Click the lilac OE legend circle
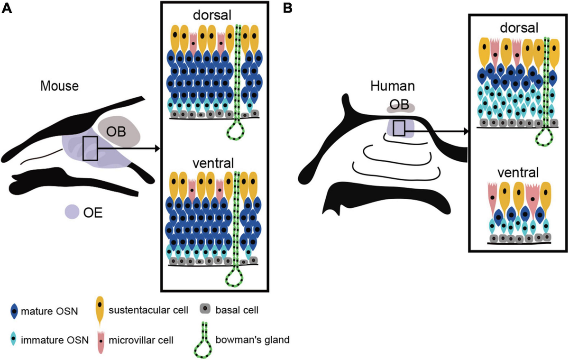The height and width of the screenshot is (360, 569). [72, 212]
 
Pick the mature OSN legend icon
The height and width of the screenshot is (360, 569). [16, 312]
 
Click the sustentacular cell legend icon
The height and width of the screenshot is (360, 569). [101, 308]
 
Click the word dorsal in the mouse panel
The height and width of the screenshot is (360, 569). [212, 15]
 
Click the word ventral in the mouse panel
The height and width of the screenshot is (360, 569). [213, 164]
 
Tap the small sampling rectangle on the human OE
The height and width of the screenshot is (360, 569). [399, 128]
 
